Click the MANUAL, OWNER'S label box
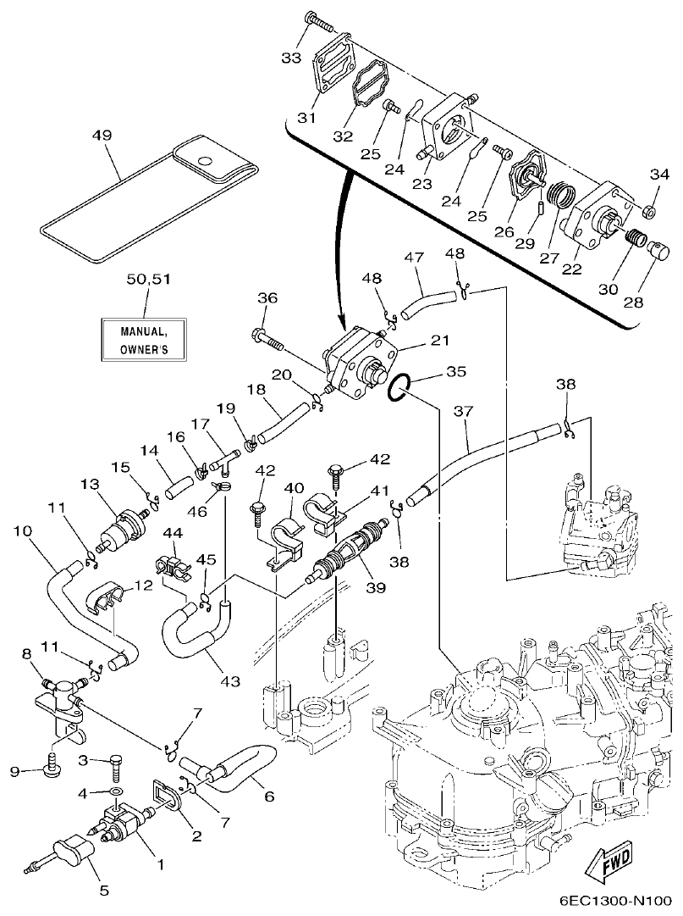tap(141, 339)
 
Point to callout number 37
tap(461, 412)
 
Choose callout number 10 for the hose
tap(22, 531)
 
